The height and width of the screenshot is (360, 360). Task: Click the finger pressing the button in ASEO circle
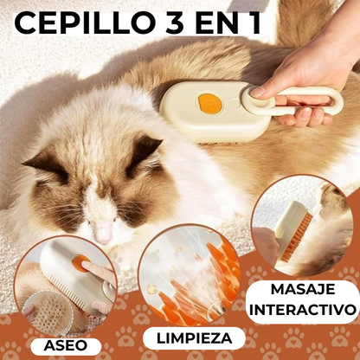tap(100, 273)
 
